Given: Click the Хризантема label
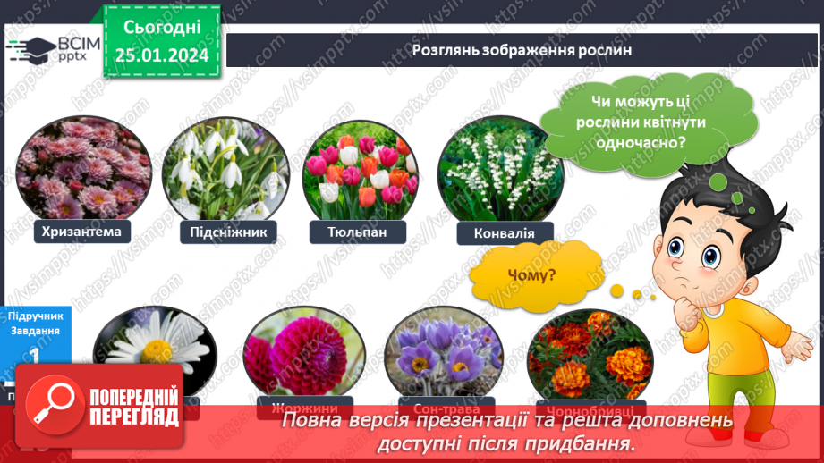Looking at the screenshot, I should [x=81, y=232].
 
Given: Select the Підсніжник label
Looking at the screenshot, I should [x=228, y=232].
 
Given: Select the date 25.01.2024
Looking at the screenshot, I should [x=161, y=56].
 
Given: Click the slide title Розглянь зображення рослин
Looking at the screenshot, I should [x=522, y=50].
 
